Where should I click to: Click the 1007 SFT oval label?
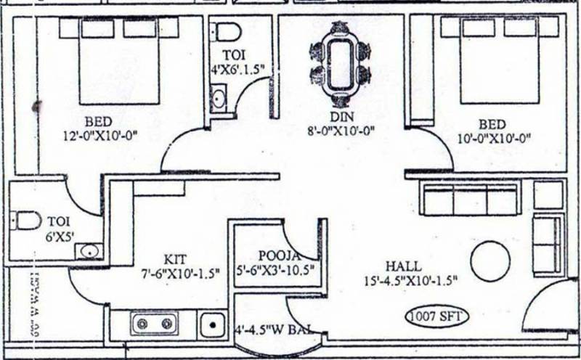click(436, 317)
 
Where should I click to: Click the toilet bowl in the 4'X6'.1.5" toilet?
click(227, 33)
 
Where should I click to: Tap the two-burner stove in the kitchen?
click(155, 322)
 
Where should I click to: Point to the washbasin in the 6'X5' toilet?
click(89, 251)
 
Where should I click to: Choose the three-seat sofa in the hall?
click(470, 199)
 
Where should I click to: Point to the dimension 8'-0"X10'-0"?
click(341, 131)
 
